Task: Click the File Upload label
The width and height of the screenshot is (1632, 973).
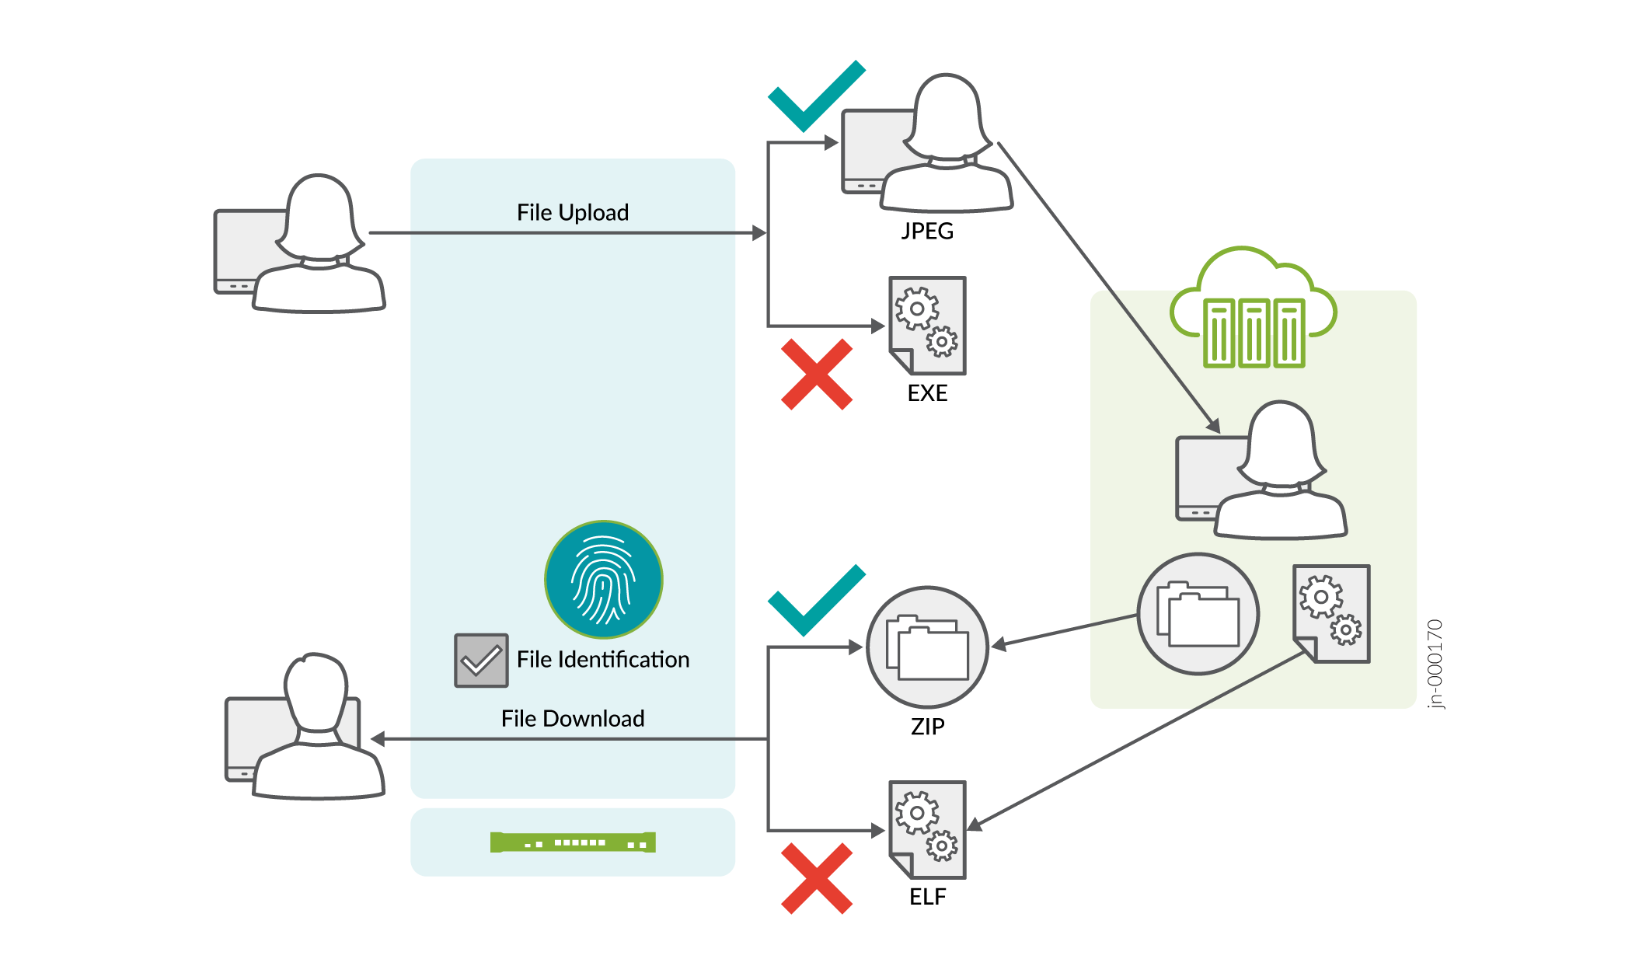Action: (x=573, y=212)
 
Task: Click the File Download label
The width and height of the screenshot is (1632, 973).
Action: (x=573, y=718)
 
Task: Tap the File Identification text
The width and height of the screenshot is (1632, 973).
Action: (x=603, y=659)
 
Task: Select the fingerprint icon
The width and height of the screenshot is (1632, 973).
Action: (x=603, y=579)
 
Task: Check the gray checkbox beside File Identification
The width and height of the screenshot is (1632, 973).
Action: (x=481, y=660)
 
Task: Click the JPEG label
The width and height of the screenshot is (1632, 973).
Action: (x=927, y=231)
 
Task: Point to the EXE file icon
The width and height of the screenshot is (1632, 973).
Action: (x=928, y=325)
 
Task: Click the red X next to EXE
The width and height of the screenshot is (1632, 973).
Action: (x=817, y=374)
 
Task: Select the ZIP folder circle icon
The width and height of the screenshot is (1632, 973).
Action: (x=927, y=647)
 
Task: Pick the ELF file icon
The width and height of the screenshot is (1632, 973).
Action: (x=928, y=829)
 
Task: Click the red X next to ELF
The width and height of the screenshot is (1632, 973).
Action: (x=817, y=878)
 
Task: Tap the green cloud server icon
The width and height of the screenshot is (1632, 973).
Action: (x=1253, y=309)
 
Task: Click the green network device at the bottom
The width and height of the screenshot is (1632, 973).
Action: (x=573, y=842)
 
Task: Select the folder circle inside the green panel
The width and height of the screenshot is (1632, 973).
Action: (x=1198, y=614)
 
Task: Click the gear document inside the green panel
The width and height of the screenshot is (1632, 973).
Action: (x=1331, y=614)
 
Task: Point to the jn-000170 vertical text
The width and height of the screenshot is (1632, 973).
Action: (x=1435, y=664)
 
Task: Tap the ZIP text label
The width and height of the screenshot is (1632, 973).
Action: (x=928, y=726)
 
